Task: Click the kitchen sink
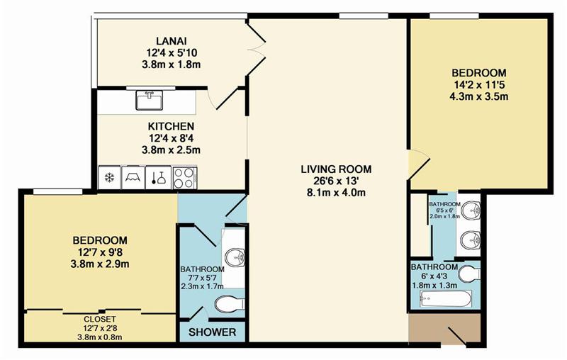150,100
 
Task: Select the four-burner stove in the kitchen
184,177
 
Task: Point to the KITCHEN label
171,126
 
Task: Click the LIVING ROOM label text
336,169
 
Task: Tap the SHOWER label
212,332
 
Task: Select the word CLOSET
100,319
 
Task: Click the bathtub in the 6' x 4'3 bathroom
446,298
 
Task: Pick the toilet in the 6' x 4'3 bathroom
468,274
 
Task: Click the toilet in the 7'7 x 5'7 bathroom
230,303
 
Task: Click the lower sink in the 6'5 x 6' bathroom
470,240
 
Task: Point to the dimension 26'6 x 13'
336,181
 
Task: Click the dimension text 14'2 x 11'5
479,85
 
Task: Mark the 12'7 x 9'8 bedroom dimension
100,252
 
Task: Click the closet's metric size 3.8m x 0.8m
100,337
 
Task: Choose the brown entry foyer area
444,327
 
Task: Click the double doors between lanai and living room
256,48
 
